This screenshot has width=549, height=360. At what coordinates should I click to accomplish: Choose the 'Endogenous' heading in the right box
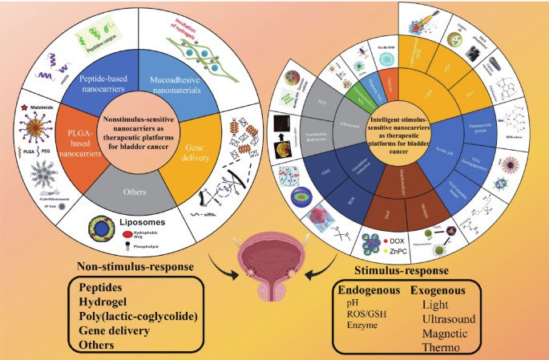(370, 289)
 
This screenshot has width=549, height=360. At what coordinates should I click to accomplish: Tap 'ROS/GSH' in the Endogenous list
(365, 315)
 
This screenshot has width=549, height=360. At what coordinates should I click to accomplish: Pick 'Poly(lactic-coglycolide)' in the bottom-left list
(144, 316)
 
